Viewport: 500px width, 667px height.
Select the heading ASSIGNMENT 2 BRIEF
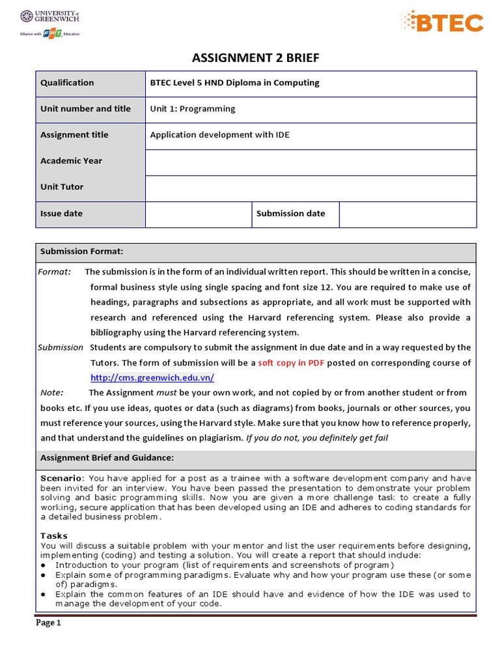click(255, 59)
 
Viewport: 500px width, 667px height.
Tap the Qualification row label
click(67, 83)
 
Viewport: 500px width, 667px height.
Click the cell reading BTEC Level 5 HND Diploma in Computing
click(234, 83)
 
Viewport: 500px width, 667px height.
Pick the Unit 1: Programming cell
click(193, 109)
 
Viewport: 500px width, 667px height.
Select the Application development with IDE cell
click(219, 135)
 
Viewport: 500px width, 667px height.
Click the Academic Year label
click(71, 161)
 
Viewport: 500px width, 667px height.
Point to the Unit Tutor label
click(62, 187)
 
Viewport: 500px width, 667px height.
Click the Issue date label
click(61, 213)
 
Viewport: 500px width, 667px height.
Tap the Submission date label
click(290, 213)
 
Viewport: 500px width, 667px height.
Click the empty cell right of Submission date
click(408, 214)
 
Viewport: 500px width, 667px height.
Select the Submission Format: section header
click(81, 251)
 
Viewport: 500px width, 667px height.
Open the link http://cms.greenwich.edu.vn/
click(152, 378)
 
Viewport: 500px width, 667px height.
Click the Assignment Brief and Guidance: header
click(107, 458)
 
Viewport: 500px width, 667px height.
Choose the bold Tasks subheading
click(54, 535)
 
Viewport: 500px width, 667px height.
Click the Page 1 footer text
click(48, 623)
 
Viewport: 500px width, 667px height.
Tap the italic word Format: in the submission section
click(55, 272)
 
